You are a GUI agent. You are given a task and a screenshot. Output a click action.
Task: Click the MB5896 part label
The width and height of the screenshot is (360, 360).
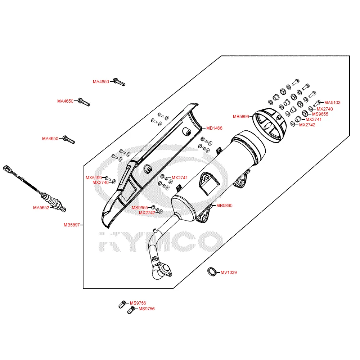coord(241,117)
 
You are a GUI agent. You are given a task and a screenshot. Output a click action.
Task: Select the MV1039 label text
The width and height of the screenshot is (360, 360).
coord(229,273)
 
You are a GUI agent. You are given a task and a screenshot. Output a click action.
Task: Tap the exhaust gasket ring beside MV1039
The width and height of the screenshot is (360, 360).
coord(212,272)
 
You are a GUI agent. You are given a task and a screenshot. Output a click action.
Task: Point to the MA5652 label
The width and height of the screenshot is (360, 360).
coord(41,208)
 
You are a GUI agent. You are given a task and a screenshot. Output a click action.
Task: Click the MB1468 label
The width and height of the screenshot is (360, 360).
coord(214,128)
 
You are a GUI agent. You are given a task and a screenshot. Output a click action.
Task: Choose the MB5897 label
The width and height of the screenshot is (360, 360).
coord(72,225)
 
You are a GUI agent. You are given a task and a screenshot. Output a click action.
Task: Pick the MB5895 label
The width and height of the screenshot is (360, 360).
coord(224,206)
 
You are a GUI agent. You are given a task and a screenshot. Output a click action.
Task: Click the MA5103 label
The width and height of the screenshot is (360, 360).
coord(332,103)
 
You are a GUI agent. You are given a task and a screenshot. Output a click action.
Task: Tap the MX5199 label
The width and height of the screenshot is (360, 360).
coord(94,178)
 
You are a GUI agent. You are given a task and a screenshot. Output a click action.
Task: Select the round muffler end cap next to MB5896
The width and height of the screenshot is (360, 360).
coord(270,125)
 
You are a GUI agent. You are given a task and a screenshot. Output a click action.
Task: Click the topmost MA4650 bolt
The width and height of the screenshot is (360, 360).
coord(119,82)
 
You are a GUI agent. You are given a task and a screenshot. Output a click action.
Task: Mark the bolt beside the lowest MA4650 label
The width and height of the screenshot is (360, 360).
coord(69,139)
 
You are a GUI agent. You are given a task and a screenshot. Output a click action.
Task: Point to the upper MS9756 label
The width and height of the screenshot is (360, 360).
coord(138,303)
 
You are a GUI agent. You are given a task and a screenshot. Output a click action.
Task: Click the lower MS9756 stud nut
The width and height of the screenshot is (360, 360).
coord(131,310)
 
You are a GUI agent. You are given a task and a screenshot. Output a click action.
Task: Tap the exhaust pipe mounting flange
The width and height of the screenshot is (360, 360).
coord(165,270)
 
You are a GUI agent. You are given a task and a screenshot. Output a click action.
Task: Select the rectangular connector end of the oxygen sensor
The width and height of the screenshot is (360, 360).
coord(7,169)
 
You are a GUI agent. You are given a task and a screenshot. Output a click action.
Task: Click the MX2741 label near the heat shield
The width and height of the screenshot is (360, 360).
coord(180,178)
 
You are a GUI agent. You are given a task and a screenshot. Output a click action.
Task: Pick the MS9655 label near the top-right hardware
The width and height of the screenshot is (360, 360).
coord(320,114)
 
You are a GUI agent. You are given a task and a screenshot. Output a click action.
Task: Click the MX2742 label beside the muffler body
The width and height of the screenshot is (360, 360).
coord(147,213)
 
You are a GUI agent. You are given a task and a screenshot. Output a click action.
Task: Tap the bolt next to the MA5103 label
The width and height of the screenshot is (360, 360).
coord(317,103)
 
